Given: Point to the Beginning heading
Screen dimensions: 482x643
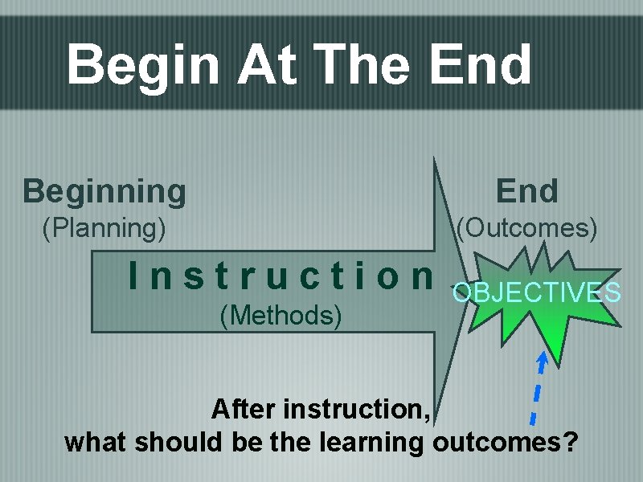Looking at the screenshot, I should coord(104,191).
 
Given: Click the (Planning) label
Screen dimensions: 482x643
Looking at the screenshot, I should coord(104,229).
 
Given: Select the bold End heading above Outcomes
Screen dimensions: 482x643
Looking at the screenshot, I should coord(526,191).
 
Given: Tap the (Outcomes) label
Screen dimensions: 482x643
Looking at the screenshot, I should coord(526,229).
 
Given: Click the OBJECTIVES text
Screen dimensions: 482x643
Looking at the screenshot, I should coord(536,292).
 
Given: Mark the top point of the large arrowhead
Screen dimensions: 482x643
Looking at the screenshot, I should coord(435,157).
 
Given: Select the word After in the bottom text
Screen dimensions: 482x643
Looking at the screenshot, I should coord(242,410).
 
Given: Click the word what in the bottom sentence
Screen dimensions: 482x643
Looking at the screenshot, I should coord(96,443).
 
